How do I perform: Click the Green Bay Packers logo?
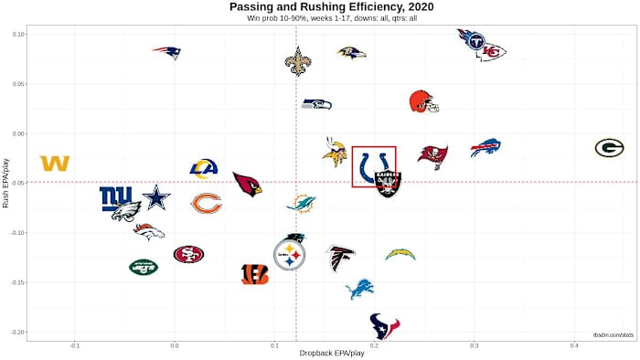coord(609,147)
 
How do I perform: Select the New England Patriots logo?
coord(166,52)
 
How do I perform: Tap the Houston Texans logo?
coord(384,325)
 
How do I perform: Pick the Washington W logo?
coord(55,164)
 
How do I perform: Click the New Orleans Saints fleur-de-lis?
coord(297,61)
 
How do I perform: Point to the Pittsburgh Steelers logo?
coord(290,254)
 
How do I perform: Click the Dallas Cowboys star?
coord(156,196)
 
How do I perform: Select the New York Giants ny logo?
coord(116,197)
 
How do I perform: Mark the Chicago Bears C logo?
coord(206,203)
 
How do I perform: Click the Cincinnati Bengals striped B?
coord(255,273)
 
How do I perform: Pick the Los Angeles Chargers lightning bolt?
coord(400,254)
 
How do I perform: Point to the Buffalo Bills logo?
coord(485,147)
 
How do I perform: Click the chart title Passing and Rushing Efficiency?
coord(319,6)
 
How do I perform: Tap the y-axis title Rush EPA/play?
coord(7,183)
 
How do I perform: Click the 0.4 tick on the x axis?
coord(574,344)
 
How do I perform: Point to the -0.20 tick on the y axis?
coord(17,332)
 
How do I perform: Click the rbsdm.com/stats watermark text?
coord(613,335)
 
